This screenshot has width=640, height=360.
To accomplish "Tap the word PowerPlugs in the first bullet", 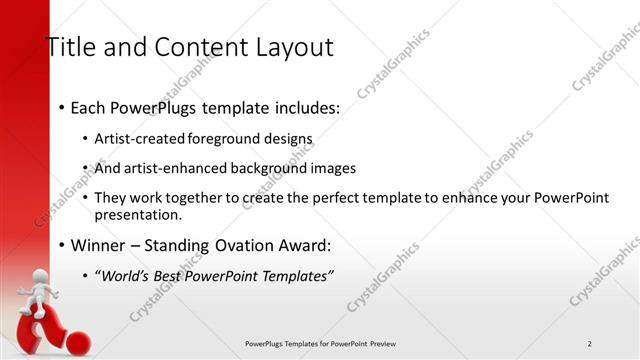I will click(158, 105).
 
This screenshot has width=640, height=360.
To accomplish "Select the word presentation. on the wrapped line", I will click(138, 214).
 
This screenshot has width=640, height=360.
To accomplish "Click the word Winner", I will click(100, 244).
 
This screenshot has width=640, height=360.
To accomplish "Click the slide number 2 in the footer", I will click(590, 344).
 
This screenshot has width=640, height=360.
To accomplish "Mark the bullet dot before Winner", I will click(62, 245).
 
